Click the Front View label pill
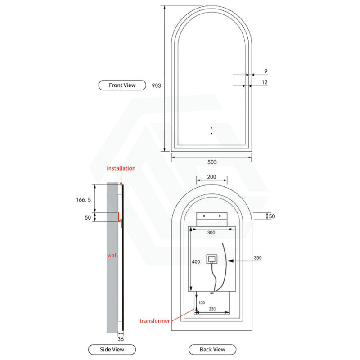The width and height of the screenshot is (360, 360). [x=122, y=85]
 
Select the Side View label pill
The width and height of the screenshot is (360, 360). [x=112, y=350]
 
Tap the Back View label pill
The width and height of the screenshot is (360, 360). [x=212, y=350]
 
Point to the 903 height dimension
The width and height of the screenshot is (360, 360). [x=156, y=85]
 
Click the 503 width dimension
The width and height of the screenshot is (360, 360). [x=212, y=162]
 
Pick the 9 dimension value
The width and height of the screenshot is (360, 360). [x=266, y=71]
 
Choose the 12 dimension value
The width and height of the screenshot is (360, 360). [x=265, y=82]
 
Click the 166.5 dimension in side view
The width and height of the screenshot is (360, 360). [x=84, y=200]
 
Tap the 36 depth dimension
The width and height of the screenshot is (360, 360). [x=121, y=339]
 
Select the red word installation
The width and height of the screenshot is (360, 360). [x=121, y=168]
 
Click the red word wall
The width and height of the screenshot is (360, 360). [x=112, y=255]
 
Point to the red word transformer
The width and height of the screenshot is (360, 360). [x=155, y=321]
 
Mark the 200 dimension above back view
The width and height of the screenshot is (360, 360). [x=211, y=177]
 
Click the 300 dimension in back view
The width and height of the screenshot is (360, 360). [x=211, y=233]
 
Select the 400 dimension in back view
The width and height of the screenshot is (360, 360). [x=196, y=262]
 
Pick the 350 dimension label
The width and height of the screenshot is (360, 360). [x=257, y=257]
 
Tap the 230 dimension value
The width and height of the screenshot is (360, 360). [x=212, y=309]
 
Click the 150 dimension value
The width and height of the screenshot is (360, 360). [x=201, y=302]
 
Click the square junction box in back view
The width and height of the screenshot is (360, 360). [x=211, y=259]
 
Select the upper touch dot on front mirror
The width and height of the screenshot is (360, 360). [x=211, y=128]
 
